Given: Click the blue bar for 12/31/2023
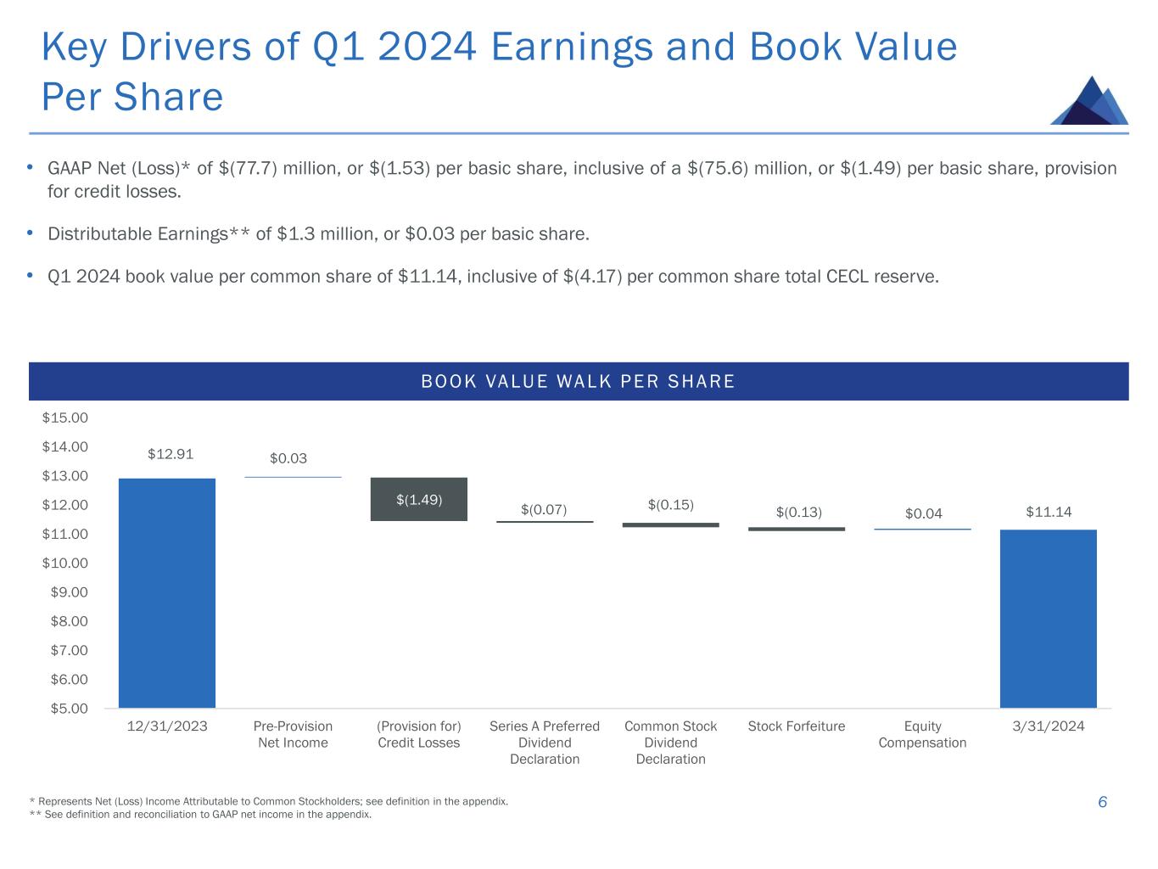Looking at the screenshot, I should [166, 592].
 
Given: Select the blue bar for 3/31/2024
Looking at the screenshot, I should [1048, 618].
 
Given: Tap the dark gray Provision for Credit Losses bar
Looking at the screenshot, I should [419, 499].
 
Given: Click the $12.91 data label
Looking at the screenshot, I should [171, 454].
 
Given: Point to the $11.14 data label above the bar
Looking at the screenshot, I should [1049, 512].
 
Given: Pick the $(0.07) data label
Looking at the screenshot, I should [544, 509].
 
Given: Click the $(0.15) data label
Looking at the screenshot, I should [670, 505].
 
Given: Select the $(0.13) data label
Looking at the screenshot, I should [798, 512].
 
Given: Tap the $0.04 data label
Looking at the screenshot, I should [923, 513].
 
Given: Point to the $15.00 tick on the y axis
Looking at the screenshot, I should [65, 418].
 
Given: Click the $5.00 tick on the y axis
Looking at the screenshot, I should [69, 708].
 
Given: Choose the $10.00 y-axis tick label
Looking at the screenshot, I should [65, 563].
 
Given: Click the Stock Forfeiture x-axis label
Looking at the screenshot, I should [797, 726].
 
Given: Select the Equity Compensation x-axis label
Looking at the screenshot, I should [922, 735].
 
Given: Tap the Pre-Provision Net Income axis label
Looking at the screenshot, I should [293, 735].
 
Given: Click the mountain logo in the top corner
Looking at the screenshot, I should [1089, 101].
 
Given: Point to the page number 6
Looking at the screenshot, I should [1102, 802].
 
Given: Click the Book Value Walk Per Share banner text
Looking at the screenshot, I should [578, 382].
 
